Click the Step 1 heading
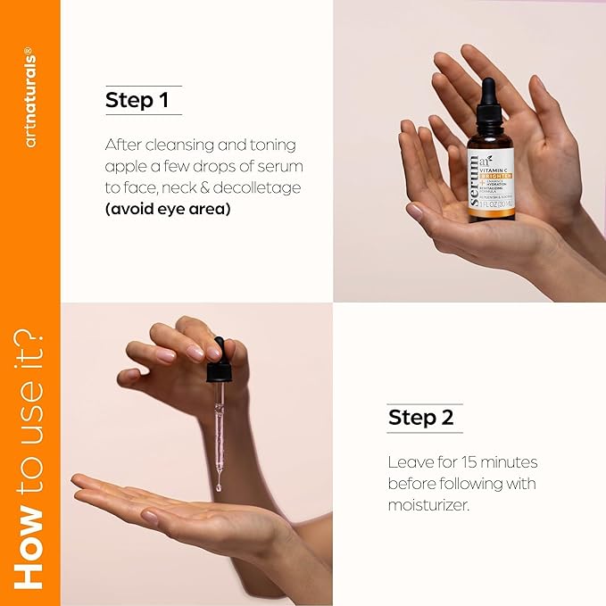tap(137, 100)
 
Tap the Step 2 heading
tap(420, 417)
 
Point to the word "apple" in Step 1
tap(126, 167)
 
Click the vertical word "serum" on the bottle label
tap(474, 178)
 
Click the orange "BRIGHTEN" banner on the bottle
tap(501, 166)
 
